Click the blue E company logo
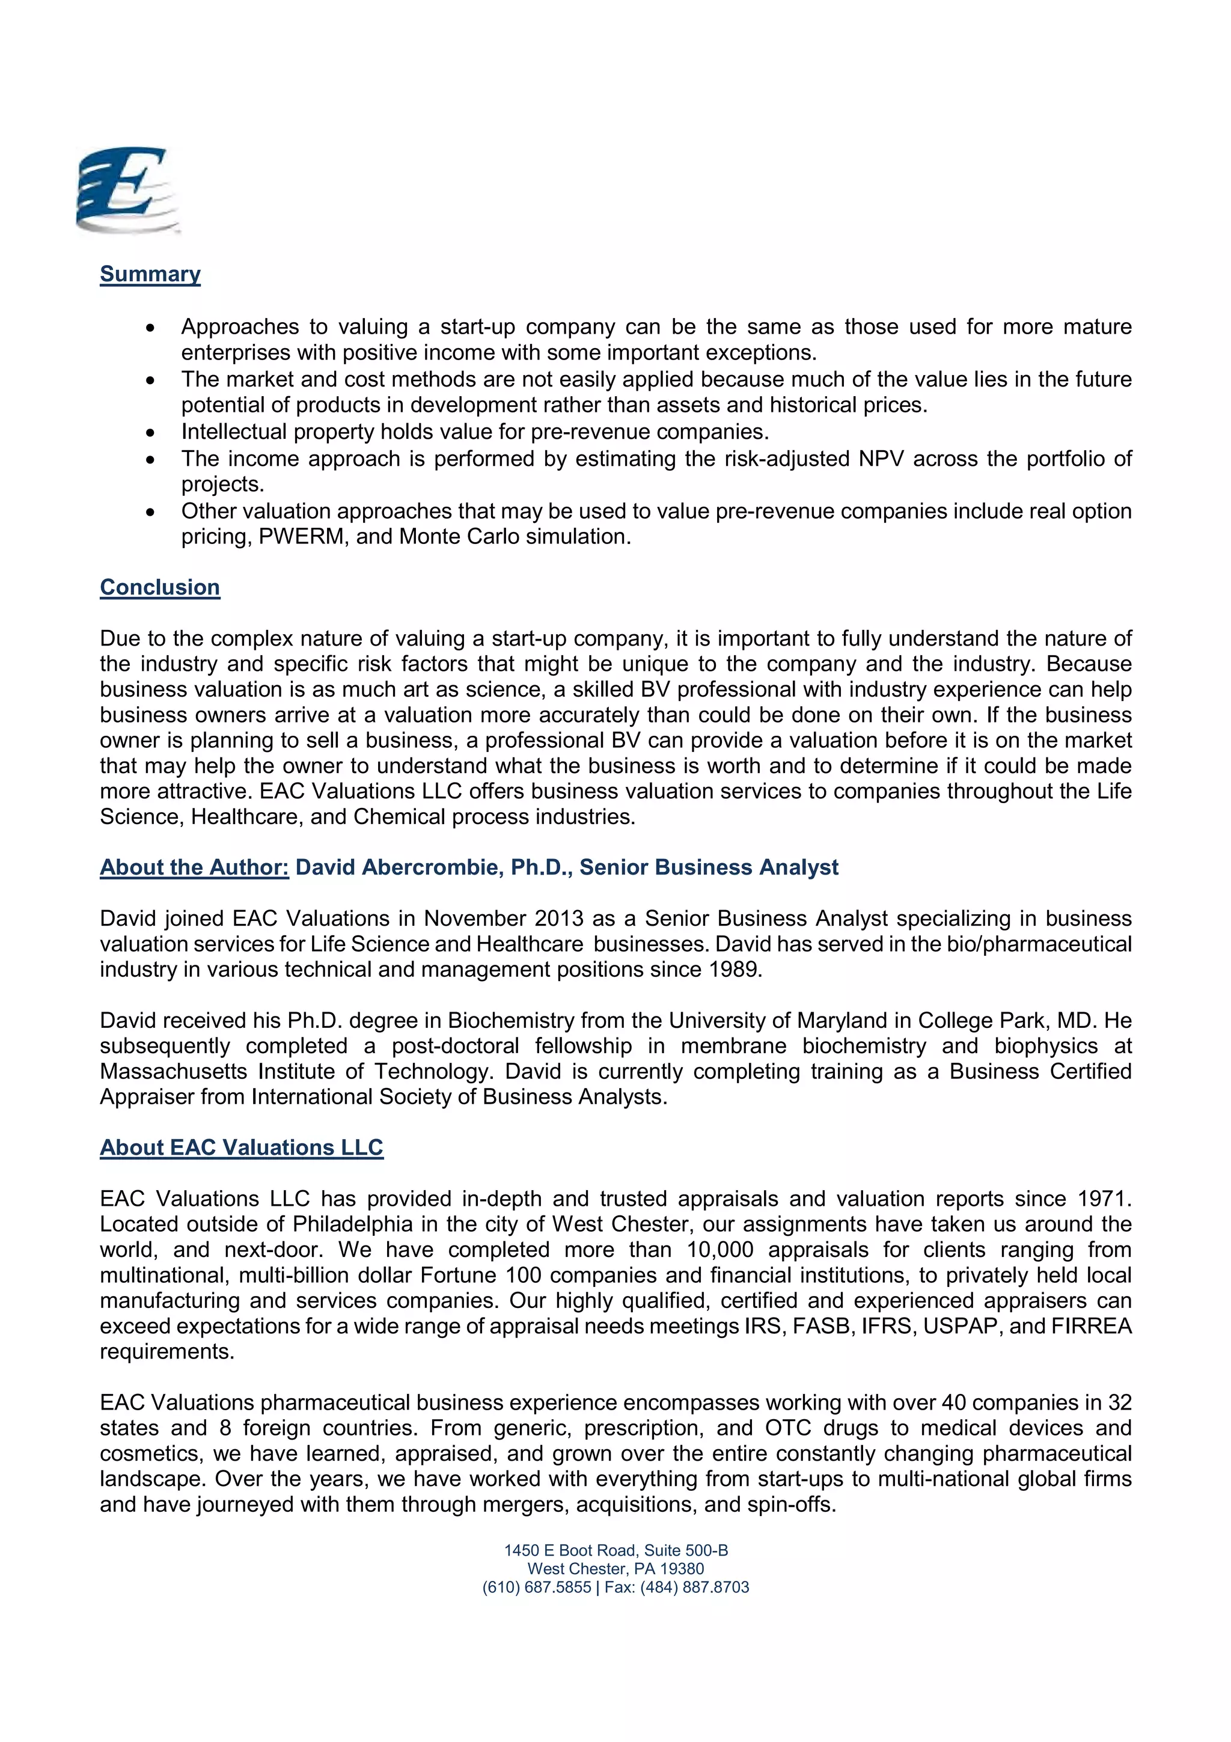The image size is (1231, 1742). [127, 191]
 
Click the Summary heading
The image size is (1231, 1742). [150, 274]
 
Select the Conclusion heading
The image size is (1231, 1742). [160, 587]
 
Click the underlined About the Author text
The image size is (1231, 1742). [194, 867]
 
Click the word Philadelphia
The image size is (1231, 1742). [353, 1224]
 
